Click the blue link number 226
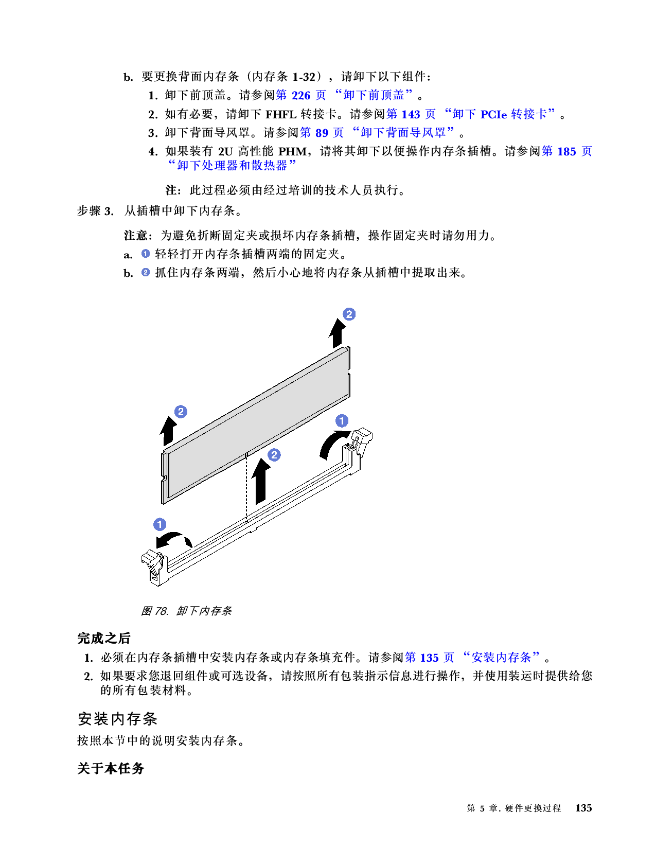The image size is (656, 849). tap(300, 95)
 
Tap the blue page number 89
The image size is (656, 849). tap(322, 133)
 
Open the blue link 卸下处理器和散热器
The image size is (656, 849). tap(232, 166)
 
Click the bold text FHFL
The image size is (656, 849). tap(280, 114)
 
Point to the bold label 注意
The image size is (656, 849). tap(135, 236)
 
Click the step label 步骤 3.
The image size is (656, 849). tap(95, 211)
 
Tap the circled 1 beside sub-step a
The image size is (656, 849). tap(145, 254)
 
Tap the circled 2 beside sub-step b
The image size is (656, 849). tap(145, 272)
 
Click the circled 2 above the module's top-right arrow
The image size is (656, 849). tap(349, 314)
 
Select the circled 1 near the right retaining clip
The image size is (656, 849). tap(342, 421)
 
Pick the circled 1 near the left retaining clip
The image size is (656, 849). tap(159, 524)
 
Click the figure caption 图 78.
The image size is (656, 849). tap(155, 611)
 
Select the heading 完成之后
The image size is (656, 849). tap(103, 639)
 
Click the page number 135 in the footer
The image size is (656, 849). tap(583, 808)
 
